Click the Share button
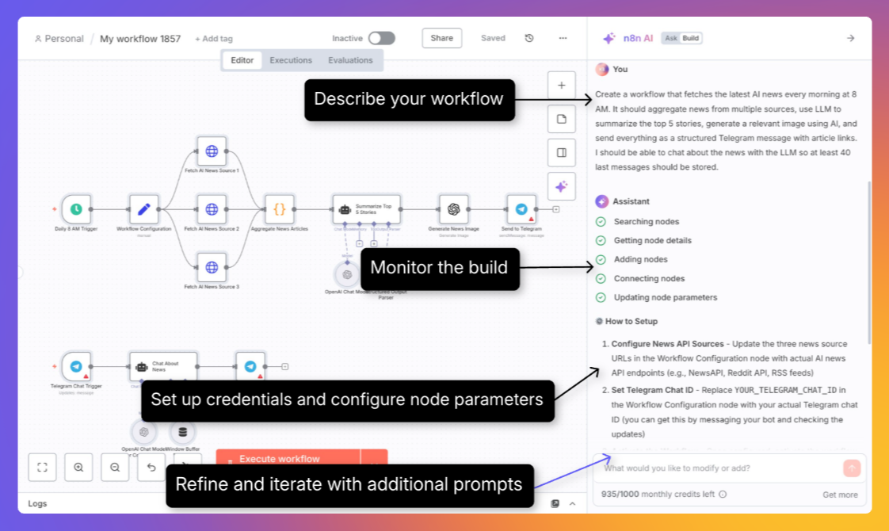coord(441,38)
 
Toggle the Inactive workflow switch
coord(381,38)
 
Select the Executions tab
coord(291,60)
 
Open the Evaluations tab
coord(350,60)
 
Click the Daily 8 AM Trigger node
coord(76,209)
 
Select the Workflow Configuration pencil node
coord(144,209)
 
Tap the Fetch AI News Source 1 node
coord(212,151)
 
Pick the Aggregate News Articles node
coord(279,209)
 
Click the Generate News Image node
coord(453,209)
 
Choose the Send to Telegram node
coord(521,209)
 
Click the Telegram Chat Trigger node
coord(76,367)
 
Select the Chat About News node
coord(163,367)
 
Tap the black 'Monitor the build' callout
coord(439,267)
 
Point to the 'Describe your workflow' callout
coord(409,99)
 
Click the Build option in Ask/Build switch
coord(691,38)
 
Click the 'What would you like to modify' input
coord(717,468)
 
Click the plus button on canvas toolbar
coord(561,85)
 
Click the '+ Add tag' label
coord(214,39)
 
